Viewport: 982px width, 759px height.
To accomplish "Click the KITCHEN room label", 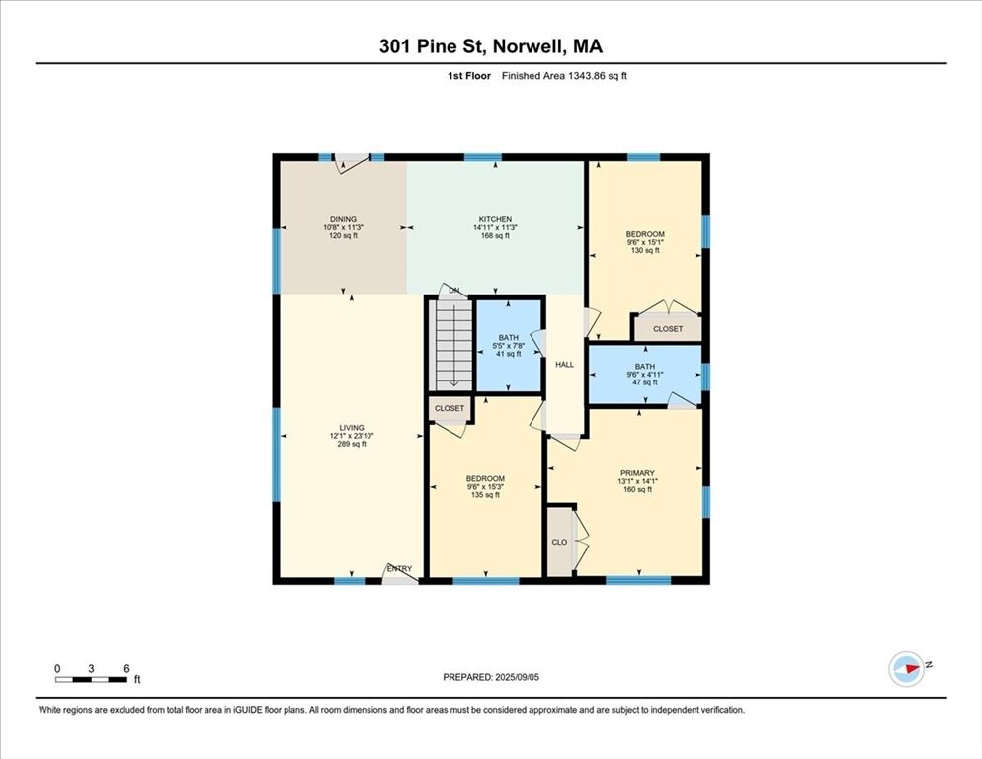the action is (x=495, y=219).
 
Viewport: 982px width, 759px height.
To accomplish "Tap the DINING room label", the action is (x=343, y=219).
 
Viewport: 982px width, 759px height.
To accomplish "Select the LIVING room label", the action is (x=352, y=428).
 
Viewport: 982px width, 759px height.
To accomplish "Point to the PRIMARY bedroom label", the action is (x=637, y=473).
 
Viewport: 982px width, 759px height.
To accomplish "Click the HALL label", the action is (x=564, y=364).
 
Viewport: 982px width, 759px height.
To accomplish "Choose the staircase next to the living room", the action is (x=452, y=345).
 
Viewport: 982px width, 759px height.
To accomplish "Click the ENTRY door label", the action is (x=399, y=569).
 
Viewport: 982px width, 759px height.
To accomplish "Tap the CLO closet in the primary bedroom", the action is (x=559, y=542).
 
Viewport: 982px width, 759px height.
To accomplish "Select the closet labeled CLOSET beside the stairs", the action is (x=450, y=408).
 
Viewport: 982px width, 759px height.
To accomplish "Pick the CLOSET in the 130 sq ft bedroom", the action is (x=668, y=328).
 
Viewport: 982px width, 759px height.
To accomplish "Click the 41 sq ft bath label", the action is (x=509, y=345).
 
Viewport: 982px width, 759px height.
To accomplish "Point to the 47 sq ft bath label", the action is (x=644, y=375).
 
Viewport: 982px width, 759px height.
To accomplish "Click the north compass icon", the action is (x=906, y=669).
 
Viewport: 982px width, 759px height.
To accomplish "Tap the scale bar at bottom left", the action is (x=92, y=679).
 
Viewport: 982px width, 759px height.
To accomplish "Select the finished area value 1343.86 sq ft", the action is (x=598, y=76).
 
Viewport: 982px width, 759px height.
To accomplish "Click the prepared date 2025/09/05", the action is (x=517, y=677).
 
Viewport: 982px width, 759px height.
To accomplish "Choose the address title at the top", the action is (x=491, y=46).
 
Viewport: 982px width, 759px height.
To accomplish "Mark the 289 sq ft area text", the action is (x=352, y=444).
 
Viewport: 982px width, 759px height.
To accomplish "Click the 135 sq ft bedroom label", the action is (x=485, y=487).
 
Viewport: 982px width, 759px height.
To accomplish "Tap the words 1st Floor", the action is (x=469, y=76).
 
